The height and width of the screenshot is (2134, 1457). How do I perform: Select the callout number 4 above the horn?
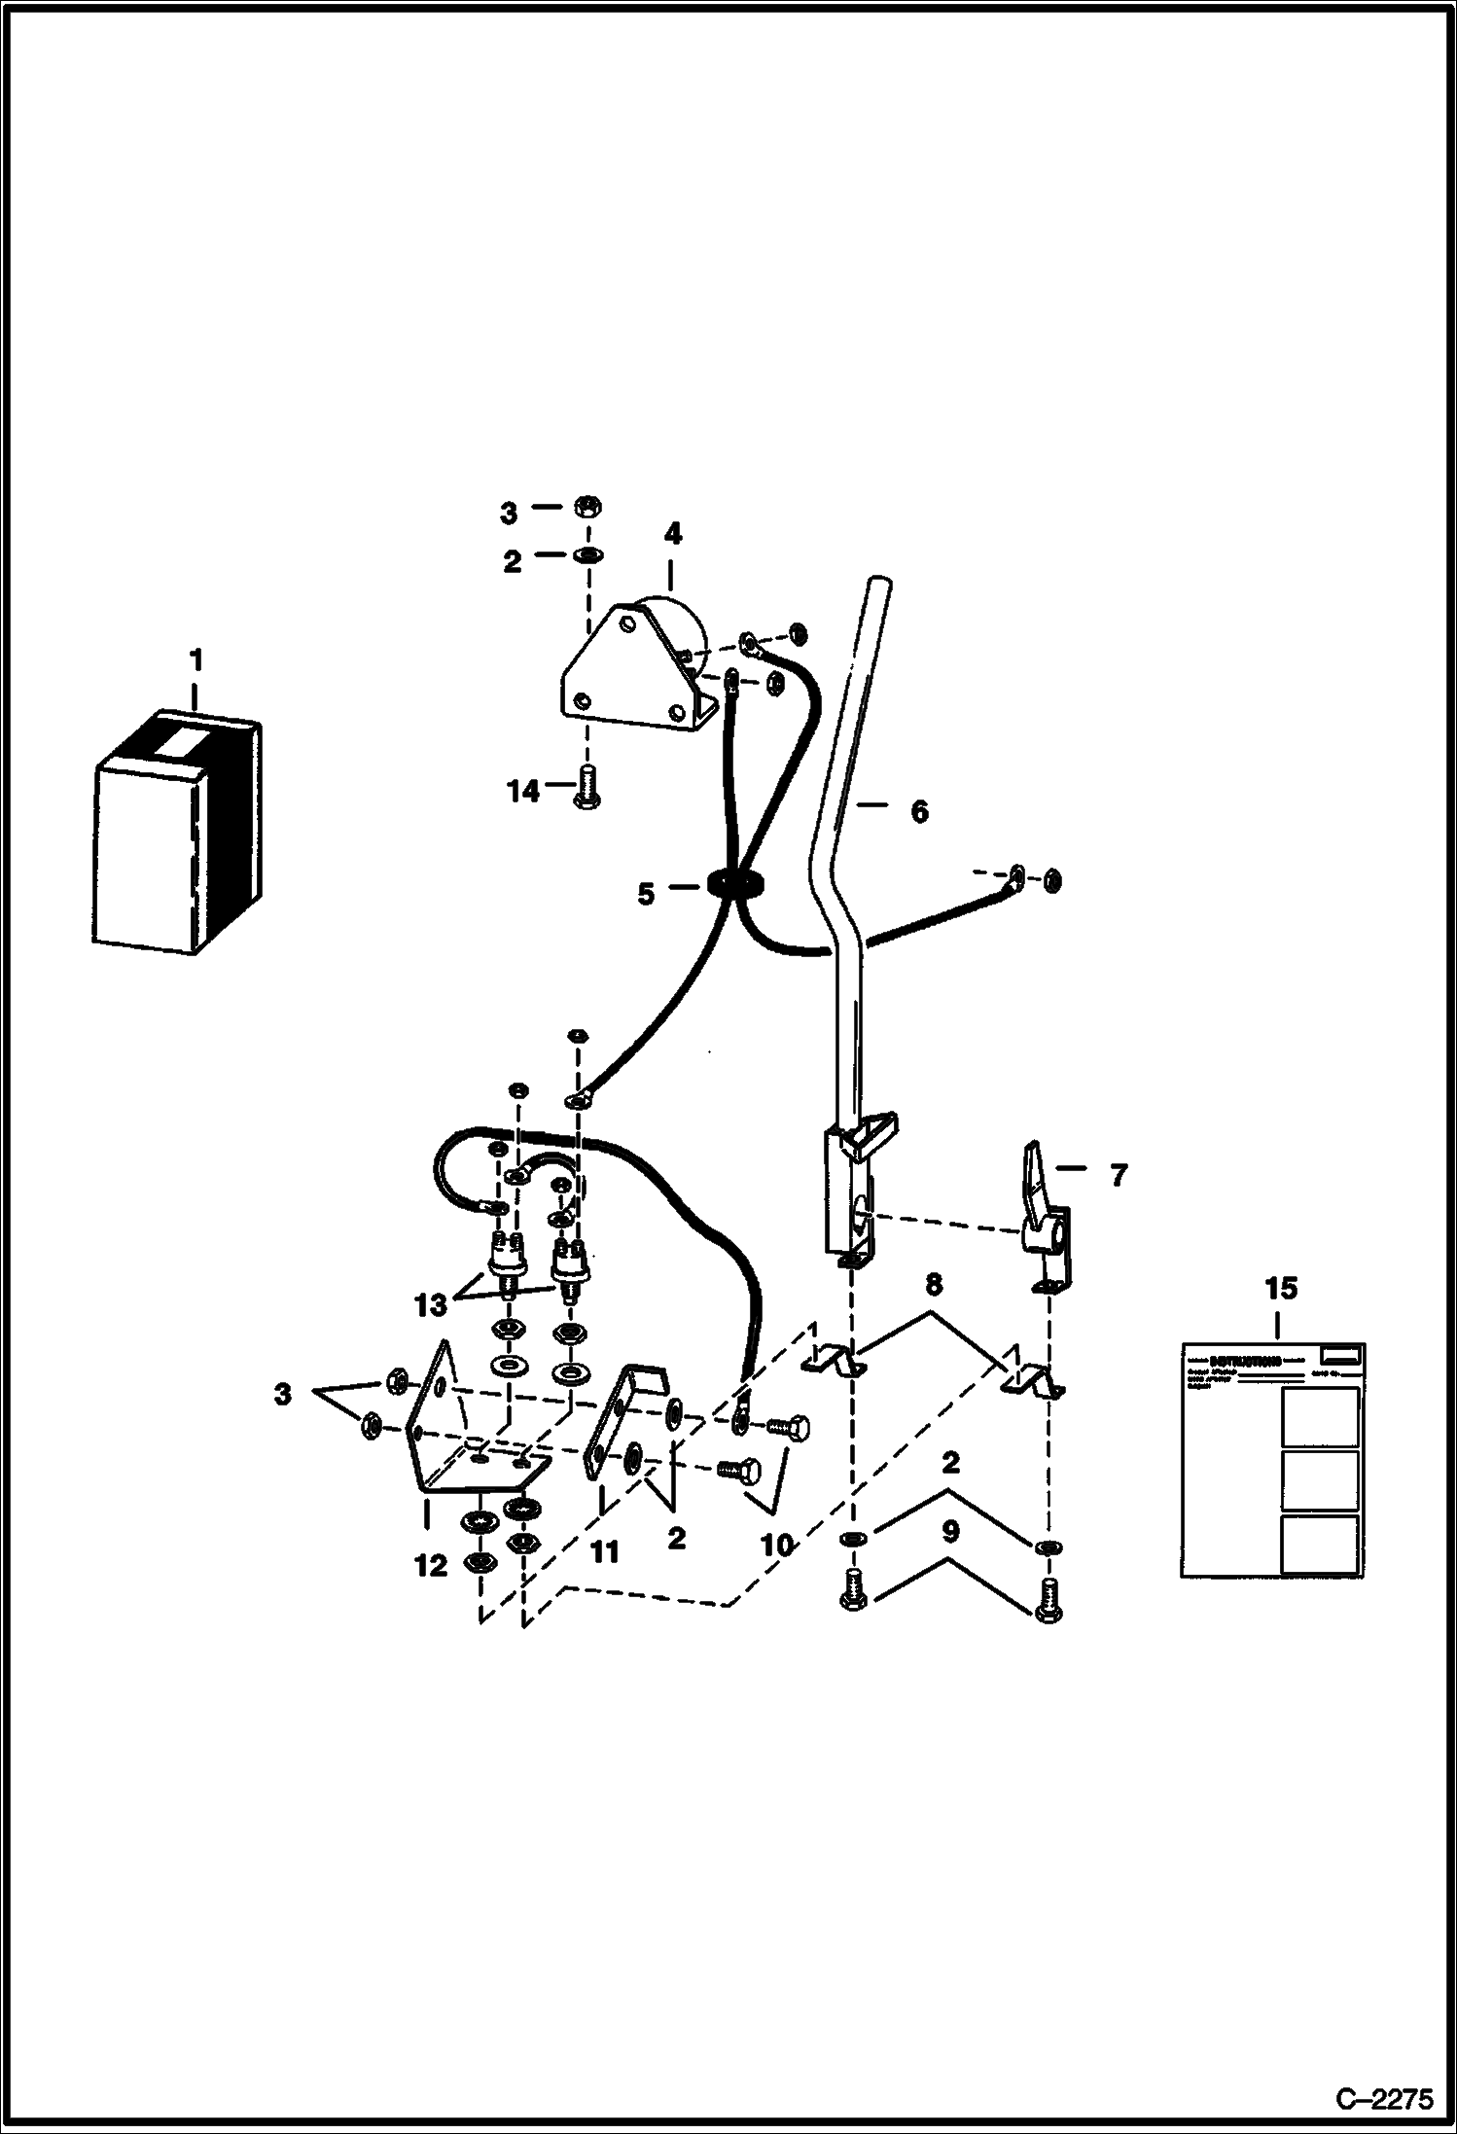coord(672,534)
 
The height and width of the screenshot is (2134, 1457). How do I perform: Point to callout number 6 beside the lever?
coord(919,810)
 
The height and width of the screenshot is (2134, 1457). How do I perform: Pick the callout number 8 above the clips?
coord(933,1285)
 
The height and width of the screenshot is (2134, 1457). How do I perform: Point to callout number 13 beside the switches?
coord(431,1304)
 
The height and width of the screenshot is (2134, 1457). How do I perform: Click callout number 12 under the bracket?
coord(431,1566)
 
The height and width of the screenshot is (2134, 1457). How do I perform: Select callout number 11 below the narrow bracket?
coord(605,1551)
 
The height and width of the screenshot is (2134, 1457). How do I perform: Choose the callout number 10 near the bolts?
coord(777,1544)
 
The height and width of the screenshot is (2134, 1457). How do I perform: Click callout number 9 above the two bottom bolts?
coord(950,1532)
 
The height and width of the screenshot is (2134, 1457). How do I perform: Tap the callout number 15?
coord(1280,1289)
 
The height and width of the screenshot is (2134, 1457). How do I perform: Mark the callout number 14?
coord(523,792)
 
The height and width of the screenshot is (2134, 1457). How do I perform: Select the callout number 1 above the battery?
coord(195,660)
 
